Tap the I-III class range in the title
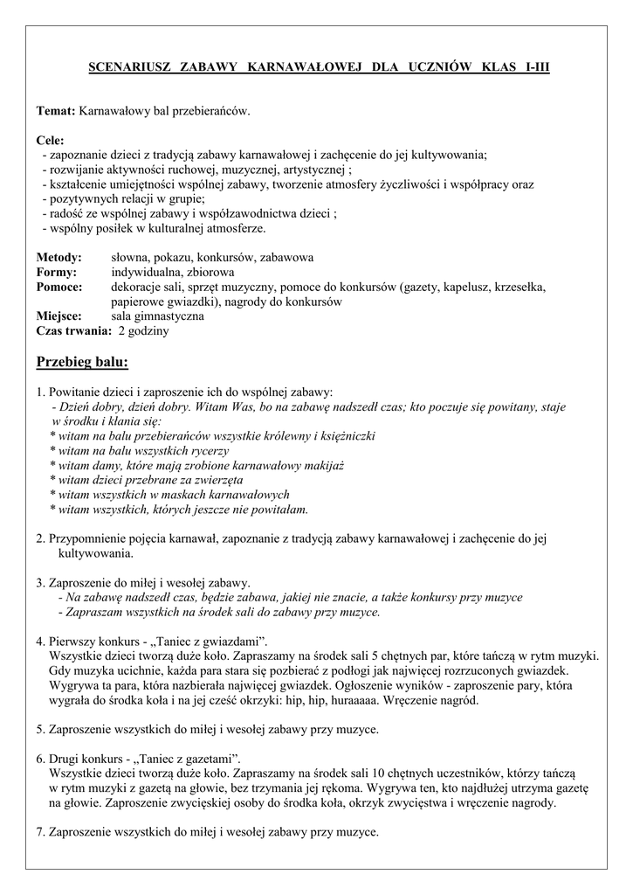(x=532, y=67)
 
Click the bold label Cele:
(x=51, y=141)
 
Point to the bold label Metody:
(x=58, y=258)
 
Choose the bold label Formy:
(x=57, y=273)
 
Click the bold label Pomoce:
(x=58, y=287)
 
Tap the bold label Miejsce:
(x=58, y=316)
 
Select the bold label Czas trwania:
(x=73, y=331)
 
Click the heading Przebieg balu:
(x=82, y=362)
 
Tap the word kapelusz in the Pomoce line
(x=469, y=287)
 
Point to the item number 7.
(x=40, y=833)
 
